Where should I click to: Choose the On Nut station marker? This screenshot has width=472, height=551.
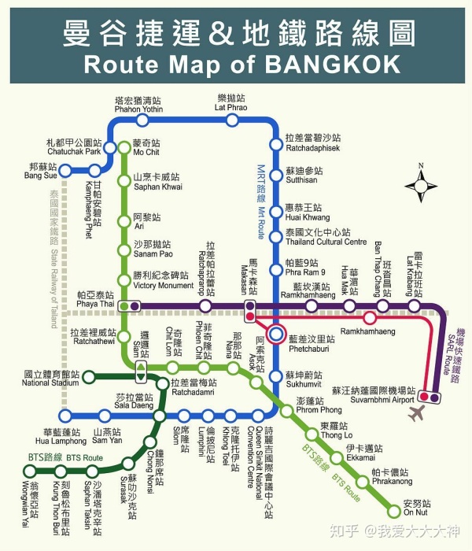click(395, 511)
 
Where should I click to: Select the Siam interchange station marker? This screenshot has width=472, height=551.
click(140, 368)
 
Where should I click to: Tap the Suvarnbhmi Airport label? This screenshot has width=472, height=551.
click(373, 395)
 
